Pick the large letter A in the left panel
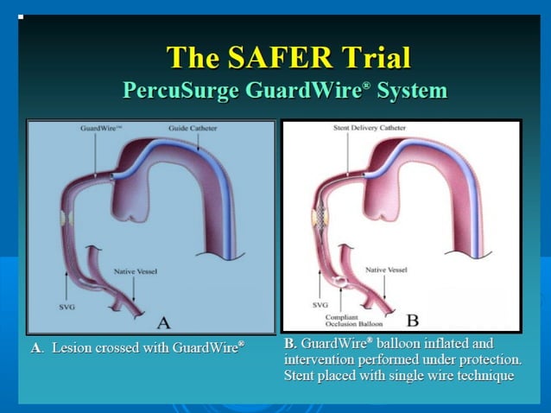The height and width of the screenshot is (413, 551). coord(162,321)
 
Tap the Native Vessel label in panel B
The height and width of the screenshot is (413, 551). coord(387,270)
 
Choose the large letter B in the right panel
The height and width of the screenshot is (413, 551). coord(412,321)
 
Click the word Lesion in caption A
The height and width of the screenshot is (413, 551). coord(71,348)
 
